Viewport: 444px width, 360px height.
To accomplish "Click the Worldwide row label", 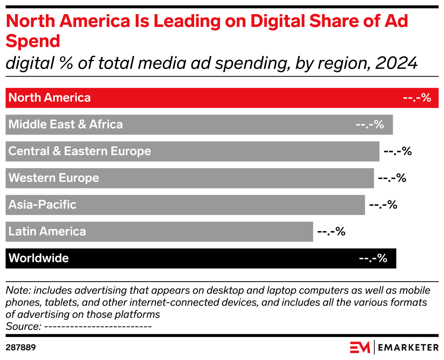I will [38, 258].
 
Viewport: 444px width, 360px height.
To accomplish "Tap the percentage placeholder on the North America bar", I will [417, 98].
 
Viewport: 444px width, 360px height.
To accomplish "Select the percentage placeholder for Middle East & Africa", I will [370, 125].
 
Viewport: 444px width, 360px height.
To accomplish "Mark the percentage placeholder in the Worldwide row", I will [373, 258].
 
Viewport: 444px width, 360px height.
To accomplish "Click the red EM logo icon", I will [360, 347].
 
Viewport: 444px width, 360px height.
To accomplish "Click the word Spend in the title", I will [33, 42].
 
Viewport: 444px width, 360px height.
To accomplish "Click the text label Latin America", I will [47, 232].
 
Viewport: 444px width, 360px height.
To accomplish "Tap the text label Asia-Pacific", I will [42, 205].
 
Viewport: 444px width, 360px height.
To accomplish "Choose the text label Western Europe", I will [53, 178].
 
